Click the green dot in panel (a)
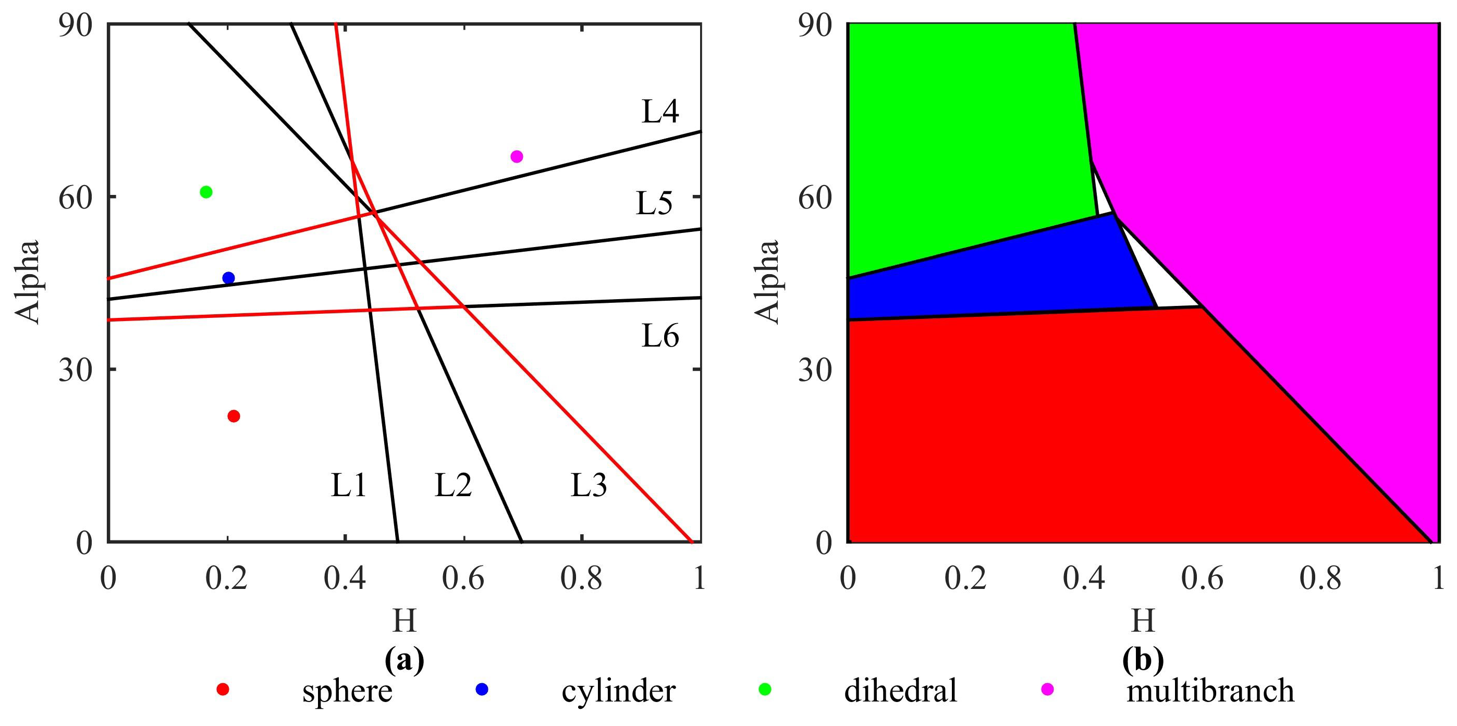click(x=206, y=192)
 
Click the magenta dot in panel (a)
click(x=517, y=157)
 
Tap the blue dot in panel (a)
click(x=228, y=278)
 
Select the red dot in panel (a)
click(x=234, y=416)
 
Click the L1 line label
click(x=348, y=485)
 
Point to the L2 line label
click(x=453, y=485)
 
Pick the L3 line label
click(x=588, y=485)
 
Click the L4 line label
click(x=660, y=112)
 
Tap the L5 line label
click(x=654, y=204)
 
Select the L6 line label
click(x=660, y=337)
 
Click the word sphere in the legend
click(x=347, y=691)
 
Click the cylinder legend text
click(x=618, y=691)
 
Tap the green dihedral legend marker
click(x=765, y=689)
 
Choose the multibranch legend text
click(x=1210, y=691)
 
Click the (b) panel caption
click(x=1143, y=659)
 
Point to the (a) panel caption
click(x=404, y=659)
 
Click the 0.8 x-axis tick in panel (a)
click(x=581, y=579)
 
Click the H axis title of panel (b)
click(x=1143, y=621)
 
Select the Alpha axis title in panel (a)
click(x=27, y=281)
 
